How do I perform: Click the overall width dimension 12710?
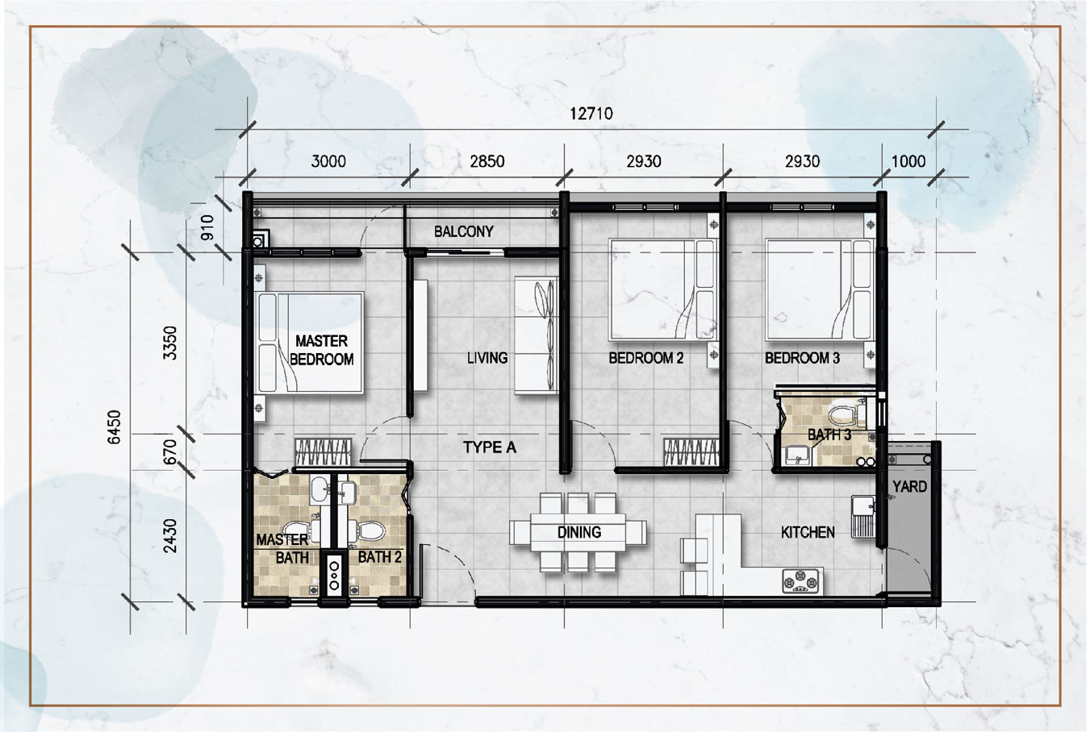click(591, 114)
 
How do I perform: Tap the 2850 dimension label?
click(487, 161)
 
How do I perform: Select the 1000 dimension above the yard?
click(908, 161)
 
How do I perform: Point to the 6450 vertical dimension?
click(114, 427)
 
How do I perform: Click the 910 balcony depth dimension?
click(207, 227)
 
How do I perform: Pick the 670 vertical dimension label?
click(169, 451)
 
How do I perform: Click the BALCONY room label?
click(464, 231)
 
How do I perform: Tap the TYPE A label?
click(490, 447)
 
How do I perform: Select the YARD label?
click(909, 486)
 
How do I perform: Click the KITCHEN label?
click(808, 533)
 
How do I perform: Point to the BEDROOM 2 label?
click(645, 359)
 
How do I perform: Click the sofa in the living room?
click(537, 335)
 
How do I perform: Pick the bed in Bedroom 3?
click(820, 289)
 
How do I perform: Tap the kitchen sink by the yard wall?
click(863, 517)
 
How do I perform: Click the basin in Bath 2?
click(348, 493)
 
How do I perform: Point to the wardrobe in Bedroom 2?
click(691, 452)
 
